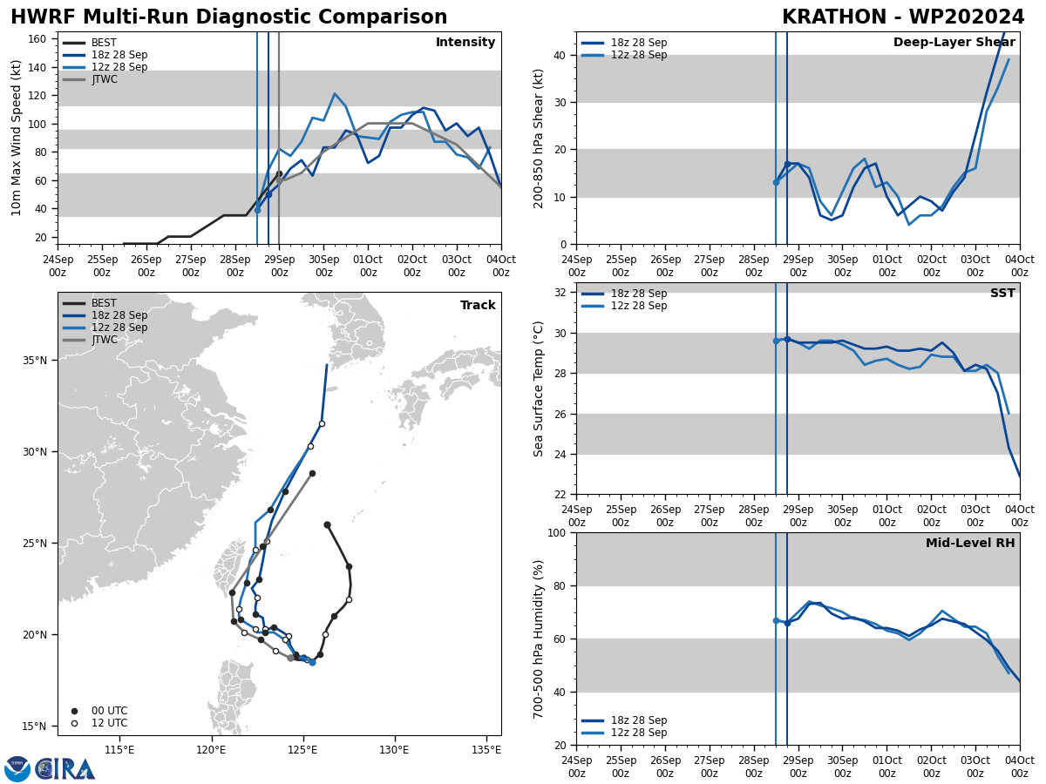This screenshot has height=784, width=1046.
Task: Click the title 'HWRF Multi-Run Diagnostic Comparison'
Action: pyautogui.click(x=228, y=17)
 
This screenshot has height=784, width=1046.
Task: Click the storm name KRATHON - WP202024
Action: pyautogui.click(x=903, y=17)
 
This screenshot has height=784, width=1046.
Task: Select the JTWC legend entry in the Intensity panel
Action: pyautogui.click(x=104, y=79)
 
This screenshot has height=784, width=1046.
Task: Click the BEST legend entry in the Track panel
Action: pyautogui.click(x=104, y=303)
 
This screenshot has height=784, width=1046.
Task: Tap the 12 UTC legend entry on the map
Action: pyautogui.click(x=109, y=723)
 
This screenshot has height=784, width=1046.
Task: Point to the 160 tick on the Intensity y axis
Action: pyautogui.click(x=38, y=38)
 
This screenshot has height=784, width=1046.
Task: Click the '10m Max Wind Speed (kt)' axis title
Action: pyautogui.click(x=17, y=138)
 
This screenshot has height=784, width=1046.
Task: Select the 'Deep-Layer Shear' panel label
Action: pyautogui.click(x=955, y=43)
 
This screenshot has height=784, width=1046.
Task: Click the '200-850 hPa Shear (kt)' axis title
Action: pyautogui.click(x=539, y=138)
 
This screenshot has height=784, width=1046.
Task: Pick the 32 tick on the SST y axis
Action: pyautogui.click(x=561, y=292)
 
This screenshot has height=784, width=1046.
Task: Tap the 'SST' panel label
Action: pyautogui.click(x=1002, y=294)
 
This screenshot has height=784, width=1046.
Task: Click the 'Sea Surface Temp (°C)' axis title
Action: pyautogui.click(x=539, y=389)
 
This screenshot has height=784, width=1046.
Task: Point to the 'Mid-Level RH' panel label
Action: pyautogui.click(x=970, y=544)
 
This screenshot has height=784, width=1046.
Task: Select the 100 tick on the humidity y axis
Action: pyautogui.click(x=558, y=532)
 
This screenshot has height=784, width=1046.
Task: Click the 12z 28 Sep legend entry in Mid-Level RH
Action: pyautogui.click(x=639, y=733)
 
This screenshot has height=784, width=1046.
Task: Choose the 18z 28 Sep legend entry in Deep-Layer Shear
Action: pyautogui.click(x=639, y=43)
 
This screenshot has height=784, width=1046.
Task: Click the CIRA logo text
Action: pyautogui.click(x=65, y=769)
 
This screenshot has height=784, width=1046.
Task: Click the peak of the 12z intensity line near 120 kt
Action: pyautogui.click(x=335, y=93)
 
